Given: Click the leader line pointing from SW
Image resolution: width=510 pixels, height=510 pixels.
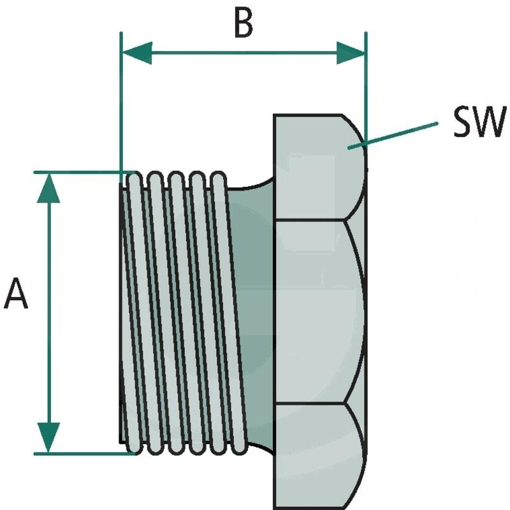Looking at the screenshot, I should tap(395, 134).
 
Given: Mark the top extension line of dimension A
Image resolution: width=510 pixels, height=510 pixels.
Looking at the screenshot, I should tap(83, 172).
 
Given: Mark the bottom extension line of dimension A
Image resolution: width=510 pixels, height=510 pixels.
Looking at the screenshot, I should tap(83, 453).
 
